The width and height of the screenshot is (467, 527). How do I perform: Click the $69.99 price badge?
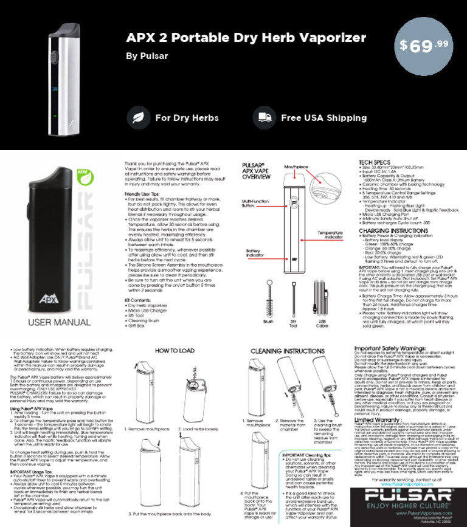[x=424, y=46]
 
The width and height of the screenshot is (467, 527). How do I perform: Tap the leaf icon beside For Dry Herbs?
[x=139, y=118]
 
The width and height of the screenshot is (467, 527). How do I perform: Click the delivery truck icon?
[x=264, y=118]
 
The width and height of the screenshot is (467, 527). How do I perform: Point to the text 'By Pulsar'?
[x=147, y=57]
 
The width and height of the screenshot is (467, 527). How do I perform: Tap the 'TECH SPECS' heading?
[x=376, y=163]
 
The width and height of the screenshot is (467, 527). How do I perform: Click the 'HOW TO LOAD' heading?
[x=175, y=351]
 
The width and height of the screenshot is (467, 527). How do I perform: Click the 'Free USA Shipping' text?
[x=323, y=118]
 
